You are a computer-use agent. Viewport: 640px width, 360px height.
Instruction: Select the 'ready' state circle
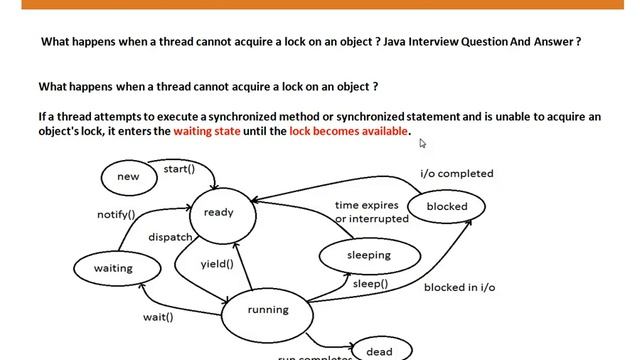click(x=219, y=213)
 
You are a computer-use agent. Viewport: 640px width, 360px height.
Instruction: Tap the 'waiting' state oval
click(x=113, y=268)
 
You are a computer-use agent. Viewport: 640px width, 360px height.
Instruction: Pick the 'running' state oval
click(x=268, y=310)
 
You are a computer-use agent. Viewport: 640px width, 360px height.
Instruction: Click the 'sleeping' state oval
click(x=368, y=255)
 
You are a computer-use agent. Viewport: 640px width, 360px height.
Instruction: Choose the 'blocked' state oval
click(x=446, y=207)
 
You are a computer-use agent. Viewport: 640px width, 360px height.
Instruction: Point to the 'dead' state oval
click(x=379, y=351)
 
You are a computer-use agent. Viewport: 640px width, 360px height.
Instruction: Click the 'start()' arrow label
click(x=179, y=169)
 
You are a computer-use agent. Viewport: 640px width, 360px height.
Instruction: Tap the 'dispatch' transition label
click(x=170, y=238)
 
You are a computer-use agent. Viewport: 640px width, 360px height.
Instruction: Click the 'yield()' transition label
click(x=217, y=264)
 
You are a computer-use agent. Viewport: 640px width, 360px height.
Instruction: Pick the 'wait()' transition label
click(x=157, y=318)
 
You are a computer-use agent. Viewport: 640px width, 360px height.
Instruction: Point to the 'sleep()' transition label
click(x=370, y=283)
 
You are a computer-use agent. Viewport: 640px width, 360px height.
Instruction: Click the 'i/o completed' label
click(x=456, y=173)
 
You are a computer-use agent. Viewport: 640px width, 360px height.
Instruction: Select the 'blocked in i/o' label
click(x=459, y=287)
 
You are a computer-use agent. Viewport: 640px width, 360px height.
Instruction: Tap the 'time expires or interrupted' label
click(x=371, y=212)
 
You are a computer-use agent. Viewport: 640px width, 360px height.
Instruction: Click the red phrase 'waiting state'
click(x=207, y=132)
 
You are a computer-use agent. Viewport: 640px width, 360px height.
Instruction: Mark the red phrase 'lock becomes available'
click(x=349, y=132)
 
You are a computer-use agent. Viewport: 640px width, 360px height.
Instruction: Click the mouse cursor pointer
click(x=423, y=143)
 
